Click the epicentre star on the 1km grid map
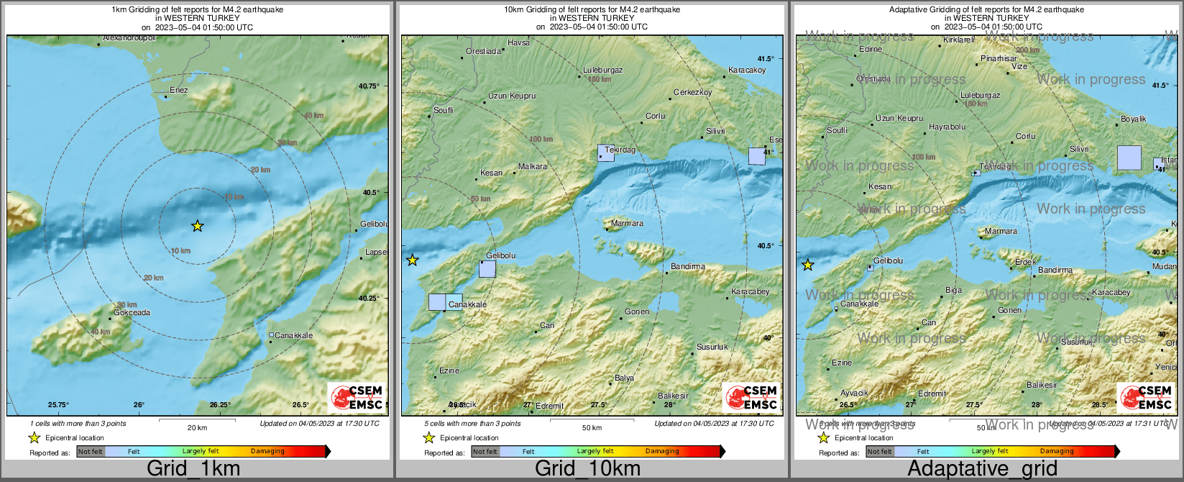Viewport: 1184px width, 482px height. (198, 226)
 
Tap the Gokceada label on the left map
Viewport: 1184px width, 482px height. (132, 313)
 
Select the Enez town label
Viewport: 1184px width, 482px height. (178, 91)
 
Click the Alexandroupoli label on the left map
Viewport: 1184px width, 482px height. (129, 37)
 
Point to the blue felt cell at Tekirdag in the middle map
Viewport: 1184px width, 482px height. (606, 153)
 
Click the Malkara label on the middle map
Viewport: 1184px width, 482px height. (533, 166)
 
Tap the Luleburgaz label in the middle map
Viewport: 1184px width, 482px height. (602, 71)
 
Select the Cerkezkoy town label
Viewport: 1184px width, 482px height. (693, 93)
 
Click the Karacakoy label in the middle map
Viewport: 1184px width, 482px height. (747, 71)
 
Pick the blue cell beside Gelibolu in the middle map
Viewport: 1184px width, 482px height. (487, 269)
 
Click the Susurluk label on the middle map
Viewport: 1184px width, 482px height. (712, 347)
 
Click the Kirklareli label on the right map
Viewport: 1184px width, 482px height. (959, 40)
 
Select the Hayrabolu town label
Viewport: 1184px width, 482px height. (947, 127)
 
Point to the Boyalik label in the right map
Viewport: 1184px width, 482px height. (1134, 119)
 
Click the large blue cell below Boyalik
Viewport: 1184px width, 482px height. (1129, 158)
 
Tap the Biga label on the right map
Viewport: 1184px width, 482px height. (953, 291)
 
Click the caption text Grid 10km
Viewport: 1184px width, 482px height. (588, 469)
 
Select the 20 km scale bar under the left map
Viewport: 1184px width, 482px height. (197, 419)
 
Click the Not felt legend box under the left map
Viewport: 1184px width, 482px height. (91, 452)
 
